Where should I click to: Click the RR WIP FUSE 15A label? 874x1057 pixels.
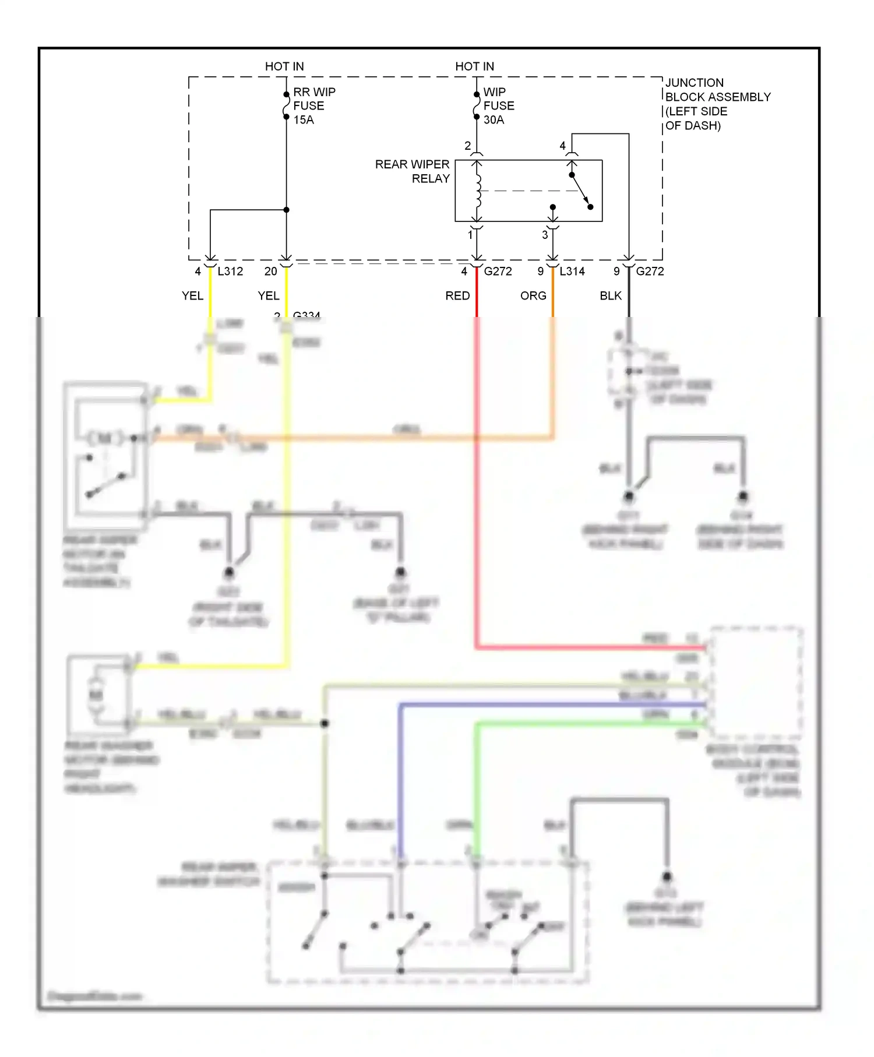[313, 106]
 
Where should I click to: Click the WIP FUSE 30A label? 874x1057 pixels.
[498, 106]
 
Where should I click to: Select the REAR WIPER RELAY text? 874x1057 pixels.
[413, 171]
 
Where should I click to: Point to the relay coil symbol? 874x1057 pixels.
[478, 191]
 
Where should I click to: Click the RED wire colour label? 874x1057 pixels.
[457, 296]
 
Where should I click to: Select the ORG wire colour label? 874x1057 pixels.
[533, 296]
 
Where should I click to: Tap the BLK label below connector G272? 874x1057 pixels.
[611, 296]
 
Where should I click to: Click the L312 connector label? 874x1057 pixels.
[230, 272]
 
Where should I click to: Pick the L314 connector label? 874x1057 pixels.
[572, 272]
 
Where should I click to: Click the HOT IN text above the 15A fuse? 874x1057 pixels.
[284, 66]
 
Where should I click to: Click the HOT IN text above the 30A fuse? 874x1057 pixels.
[474, 66]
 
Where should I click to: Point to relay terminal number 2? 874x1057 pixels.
[467, 146]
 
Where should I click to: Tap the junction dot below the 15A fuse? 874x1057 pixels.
[286, 210]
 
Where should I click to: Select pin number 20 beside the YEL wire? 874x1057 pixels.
[270, 272]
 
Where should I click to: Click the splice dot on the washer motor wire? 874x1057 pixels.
[325, 723]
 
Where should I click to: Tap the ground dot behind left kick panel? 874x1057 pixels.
[667, 876]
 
